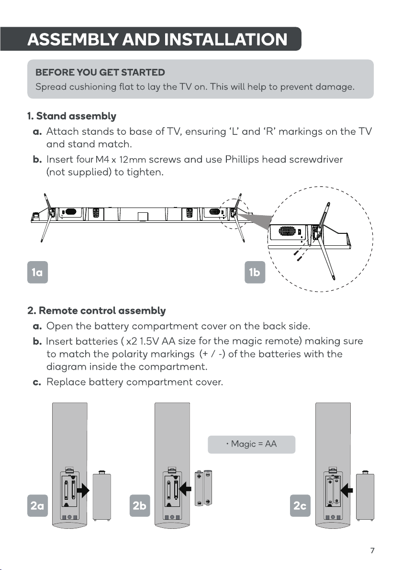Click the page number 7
pyautogui.click(x=372, y=550)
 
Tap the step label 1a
pyautogui.click(x=37, y=272)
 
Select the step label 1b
pyautogui.click(x=255, y=272)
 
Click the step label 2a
pyautogui.click(x=37, y=505)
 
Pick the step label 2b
pyautogui.click(x=140, y=505)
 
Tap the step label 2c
pyautogui.click(x=300, y=505)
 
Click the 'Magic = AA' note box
pyautogui.click(x=251, y=444)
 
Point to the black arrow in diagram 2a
pyautogui.click(x=83, y=491)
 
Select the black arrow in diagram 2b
pyautogui.click(x=186, y=489)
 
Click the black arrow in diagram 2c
pyautogui.click(x=346, y=490)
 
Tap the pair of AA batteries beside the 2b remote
pyautogui.click(x=204, y=488)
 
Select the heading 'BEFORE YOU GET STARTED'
pyautogui.click(x=100, y=72)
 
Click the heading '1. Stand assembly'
pyautogui.click(x=72, y=116)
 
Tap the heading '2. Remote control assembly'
pyautogui.click(x=96, y=310)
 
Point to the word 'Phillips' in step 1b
pyautogui.click(x=242, y=160)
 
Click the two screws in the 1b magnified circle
pyautogui.click(x=298, y=255)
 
